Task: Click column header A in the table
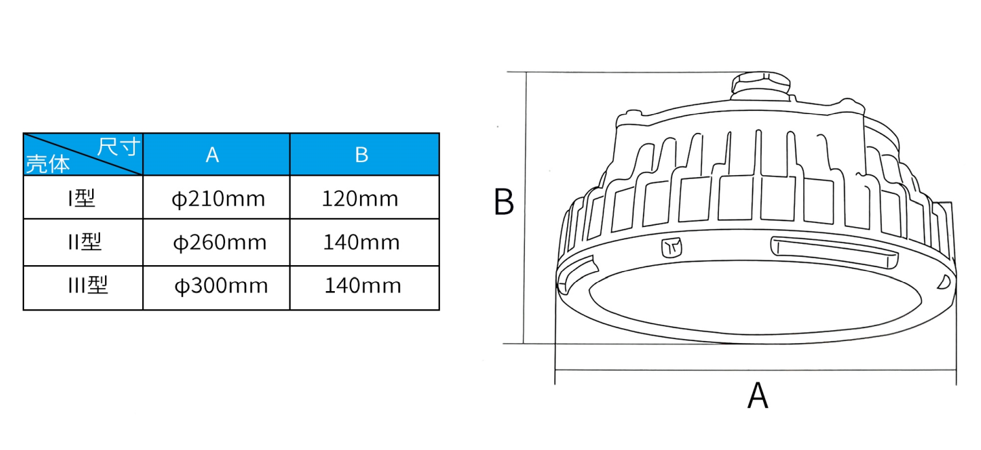pyautogui.click(x=212, y=154)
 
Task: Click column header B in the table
pyautogui.click(x=362, y=154)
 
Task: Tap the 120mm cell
pyautogui.click(x=360, y=198)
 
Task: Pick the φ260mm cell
pyautogui.click(x=219, y=243)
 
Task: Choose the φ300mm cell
pyautogui.click(x=221, y=286)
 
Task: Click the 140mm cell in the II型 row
pyautogui.click(x=361, y=242)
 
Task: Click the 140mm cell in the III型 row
pyautogui.click(x=363, y=285)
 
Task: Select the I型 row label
pyautogui.click(x=82, y=198)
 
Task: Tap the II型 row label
pyautogui.click(x=85, y=242)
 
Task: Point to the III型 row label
pyautogui.click(x=88, y=285)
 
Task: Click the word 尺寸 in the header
pyautogui.click(x=118, y=147)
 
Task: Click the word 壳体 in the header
pyautogui.click(x=48, y=164)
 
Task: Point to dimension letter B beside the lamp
pyautogui.click(x=503, y=202)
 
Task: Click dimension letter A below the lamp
pyautogui.click(x=758, y=396)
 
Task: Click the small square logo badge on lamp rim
pyautogui.click(x=672, y=247)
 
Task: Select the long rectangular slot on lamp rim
pyautogui.click(x=834, y=252)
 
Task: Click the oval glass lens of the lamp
pyautogui.click(x=755, y=298)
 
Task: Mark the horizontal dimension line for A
pyautogui.click(x=755, y=370)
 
